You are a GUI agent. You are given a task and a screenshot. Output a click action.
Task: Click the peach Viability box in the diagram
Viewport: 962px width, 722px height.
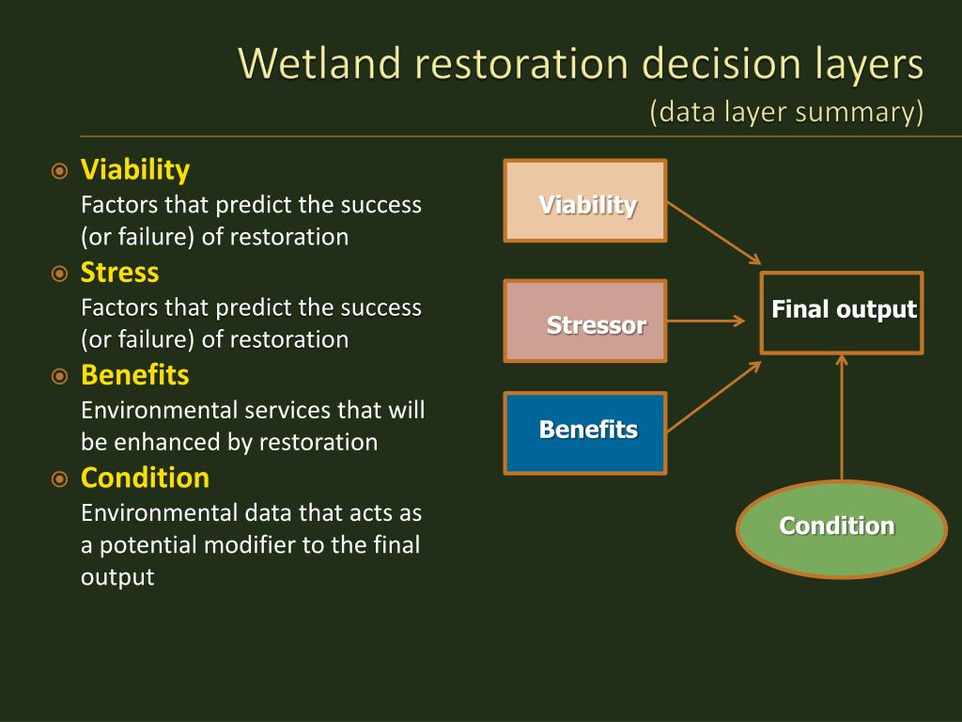[x=585, y=201]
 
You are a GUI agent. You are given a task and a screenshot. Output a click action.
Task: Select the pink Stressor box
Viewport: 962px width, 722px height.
[x=585, y=322]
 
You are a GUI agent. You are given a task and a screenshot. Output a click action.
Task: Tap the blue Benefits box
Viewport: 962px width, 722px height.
[x=585, y=433]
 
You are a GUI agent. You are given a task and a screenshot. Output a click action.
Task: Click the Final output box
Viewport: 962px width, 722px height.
[x=842, y=313]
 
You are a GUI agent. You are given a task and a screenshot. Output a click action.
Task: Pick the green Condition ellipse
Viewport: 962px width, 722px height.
[x=842, y=529]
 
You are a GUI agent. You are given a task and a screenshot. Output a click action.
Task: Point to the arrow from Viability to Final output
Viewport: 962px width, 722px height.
[x=714, y=233]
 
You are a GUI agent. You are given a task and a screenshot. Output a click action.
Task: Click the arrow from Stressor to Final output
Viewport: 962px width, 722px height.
[x=706, y=321]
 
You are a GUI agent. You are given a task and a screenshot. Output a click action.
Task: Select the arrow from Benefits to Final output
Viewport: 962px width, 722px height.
[x=714, y=398]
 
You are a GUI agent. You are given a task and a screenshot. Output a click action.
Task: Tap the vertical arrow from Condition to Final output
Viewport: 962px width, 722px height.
[x=842, y=417]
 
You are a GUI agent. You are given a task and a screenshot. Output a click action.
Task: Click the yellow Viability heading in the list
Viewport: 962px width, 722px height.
[x=135, y=170]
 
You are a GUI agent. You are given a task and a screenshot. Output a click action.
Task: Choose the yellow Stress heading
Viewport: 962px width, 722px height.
[x=119, y=272]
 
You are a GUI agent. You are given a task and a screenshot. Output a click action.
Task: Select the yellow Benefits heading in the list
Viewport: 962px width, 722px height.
[x=135, y=374]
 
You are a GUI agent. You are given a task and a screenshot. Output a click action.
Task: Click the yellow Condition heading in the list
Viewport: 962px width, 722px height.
[x=145, y=477]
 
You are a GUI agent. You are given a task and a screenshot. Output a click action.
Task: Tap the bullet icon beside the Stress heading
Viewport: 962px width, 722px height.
[x=59, y=274]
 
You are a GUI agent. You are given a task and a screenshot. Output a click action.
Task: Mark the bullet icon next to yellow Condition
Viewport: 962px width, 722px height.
[x=59, y=479]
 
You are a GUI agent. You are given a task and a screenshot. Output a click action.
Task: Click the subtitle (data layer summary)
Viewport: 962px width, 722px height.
[x=786, y=113]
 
